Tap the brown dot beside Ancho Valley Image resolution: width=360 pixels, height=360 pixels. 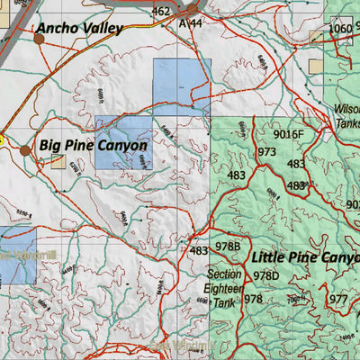[39, 39]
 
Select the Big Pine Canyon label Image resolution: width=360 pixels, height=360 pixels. [93, 145]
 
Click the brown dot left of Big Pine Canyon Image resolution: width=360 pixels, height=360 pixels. [25, 149]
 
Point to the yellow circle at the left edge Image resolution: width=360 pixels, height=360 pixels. [2, 139]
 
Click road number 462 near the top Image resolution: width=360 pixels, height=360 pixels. [160, 12]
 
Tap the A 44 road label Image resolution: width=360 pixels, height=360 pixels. [191, 22]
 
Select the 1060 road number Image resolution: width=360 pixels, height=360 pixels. [340, 29]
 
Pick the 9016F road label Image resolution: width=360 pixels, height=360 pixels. [290, 135]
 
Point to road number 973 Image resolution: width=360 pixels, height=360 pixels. [266, 152]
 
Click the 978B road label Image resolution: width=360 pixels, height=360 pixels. [228, 247]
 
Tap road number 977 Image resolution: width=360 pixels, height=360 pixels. [338, 299]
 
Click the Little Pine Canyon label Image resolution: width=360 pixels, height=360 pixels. [304, 256]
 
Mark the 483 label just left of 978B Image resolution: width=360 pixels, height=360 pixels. [199, 251]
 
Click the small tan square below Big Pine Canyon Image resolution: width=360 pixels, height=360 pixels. [58, 162]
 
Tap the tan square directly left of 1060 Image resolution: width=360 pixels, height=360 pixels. [317, 37]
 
